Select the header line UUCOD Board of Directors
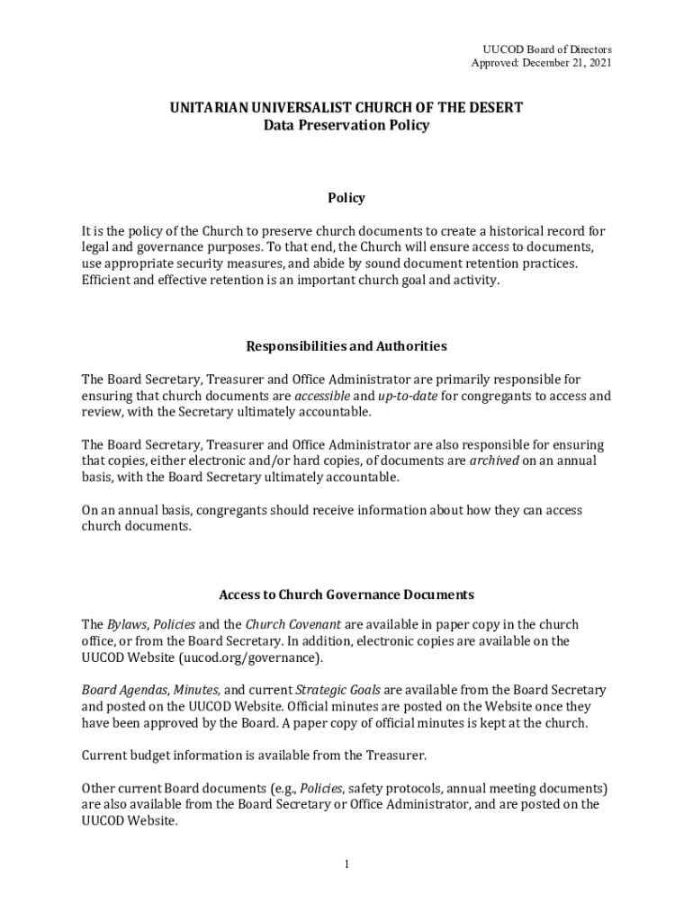(x=547, y=49)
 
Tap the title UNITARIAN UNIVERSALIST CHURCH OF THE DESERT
(x=346, y=108)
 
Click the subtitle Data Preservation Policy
(x=346, y=126)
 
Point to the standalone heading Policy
(x=346, y=198)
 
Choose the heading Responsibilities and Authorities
(x=346, y=346)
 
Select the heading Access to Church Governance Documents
(x=346, y=595)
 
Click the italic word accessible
(x=322, y=396)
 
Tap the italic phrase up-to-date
(x=407, y=396)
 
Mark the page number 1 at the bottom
(x=346, y=864)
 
